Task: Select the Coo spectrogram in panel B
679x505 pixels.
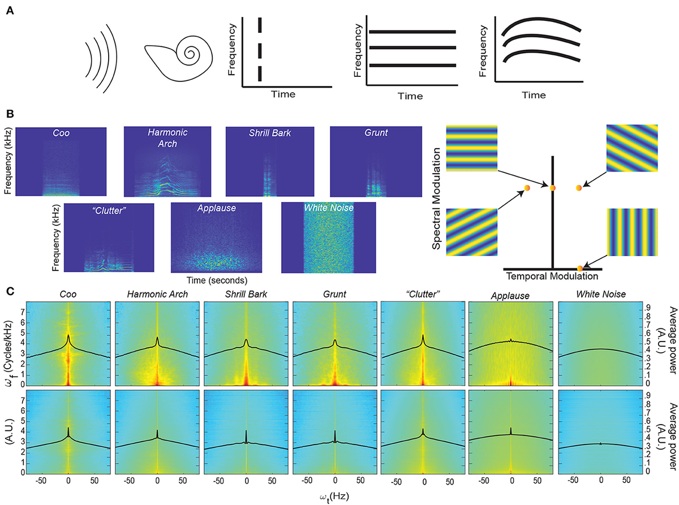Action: pyautogui.click(x=61, y=161)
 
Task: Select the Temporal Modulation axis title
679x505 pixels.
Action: pyautogui.click(x=552, y=277)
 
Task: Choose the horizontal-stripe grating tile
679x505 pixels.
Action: pyautogui.click(x=471, y=148)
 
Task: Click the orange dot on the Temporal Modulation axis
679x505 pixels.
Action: pyautogui.click(x=580, y=267)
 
